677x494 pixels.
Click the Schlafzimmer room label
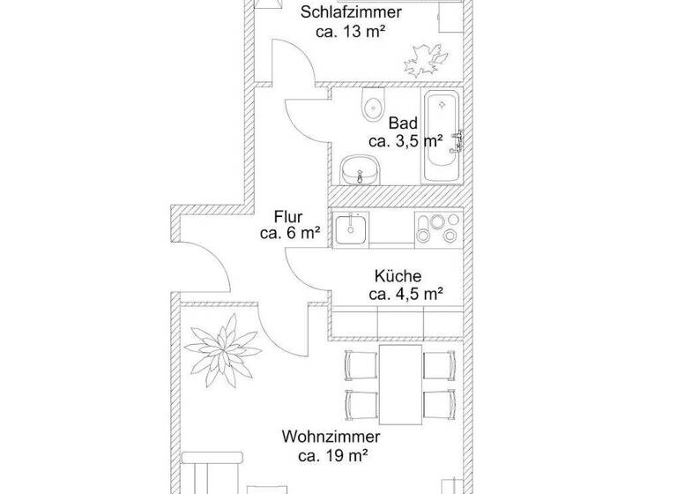click(x=352, y=12)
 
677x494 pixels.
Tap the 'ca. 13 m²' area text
click(x=353, y=31)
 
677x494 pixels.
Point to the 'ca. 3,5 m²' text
click(x=405, y=141)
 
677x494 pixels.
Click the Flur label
click(x=288, y=216)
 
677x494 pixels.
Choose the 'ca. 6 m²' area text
click(x=289, y=234)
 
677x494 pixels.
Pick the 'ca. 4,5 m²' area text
click(x=405, y=294)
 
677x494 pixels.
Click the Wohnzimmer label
click(x=331, y=437)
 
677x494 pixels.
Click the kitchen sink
click(x=352, y=226)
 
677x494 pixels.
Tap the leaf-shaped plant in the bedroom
click(x=422, y=59)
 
